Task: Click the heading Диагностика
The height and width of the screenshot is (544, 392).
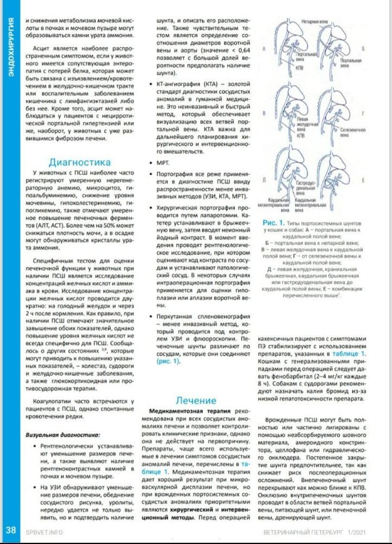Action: point(80,162)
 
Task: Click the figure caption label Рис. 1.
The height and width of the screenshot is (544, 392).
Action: point(274,223)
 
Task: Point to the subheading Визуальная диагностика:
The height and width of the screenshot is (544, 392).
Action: point(63,435)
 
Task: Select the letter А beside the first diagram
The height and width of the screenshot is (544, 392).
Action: point(264,49)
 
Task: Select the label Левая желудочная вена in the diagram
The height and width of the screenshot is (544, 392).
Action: point(305,127)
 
